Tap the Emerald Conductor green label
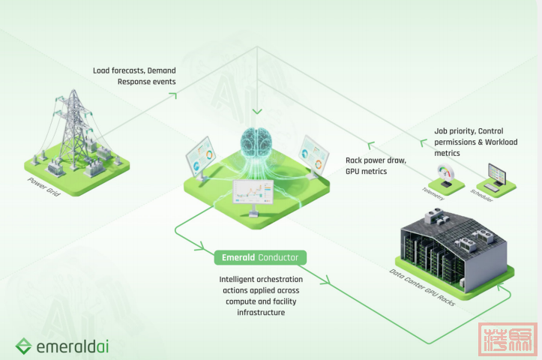point(259,257)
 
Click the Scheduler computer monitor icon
point(496,176)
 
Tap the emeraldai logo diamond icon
point(24,346)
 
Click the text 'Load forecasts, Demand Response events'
point(134,75)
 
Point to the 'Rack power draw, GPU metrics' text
point(376,166)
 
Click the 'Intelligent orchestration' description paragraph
point(251,295)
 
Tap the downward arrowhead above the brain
point(257,112)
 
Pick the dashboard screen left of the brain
point(199,156)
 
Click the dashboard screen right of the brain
point(315,155)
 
